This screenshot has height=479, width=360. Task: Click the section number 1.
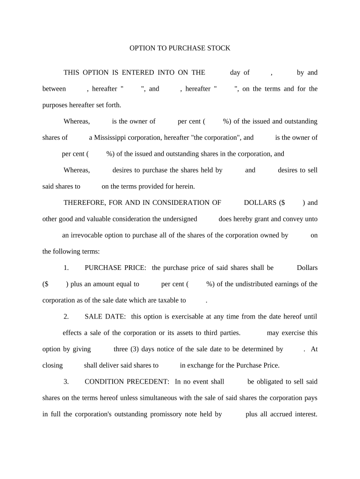(x=66, y=268)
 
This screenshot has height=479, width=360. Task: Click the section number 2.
(x=66, y=317)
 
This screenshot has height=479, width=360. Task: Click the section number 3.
(x=66, y=382)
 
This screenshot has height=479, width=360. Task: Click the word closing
(x=52, y=365)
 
